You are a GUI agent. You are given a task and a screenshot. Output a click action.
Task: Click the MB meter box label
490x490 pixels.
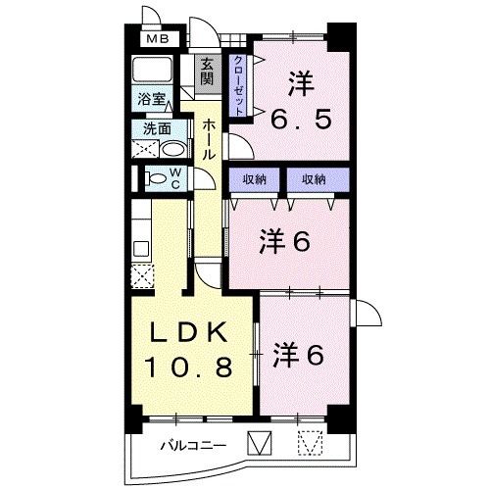tap(156, 40)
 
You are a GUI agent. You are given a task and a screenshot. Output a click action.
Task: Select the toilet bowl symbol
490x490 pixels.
tap(155, 178)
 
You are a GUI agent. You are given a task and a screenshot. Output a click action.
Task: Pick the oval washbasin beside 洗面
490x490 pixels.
tap(171, 150)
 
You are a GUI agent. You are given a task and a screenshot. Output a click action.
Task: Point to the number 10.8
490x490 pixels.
tap(188, 369)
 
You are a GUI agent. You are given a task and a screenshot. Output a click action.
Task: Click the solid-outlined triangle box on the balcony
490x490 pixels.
tap(258, 444)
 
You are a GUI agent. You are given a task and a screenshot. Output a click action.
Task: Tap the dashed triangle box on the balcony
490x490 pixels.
tap(311, 444)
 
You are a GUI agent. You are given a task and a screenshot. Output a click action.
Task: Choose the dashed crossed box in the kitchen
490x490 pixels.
tap(143, 273)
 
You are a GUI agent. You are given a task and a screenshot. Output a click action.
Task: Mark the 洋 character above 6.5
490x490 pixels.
tap(301, 83)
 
